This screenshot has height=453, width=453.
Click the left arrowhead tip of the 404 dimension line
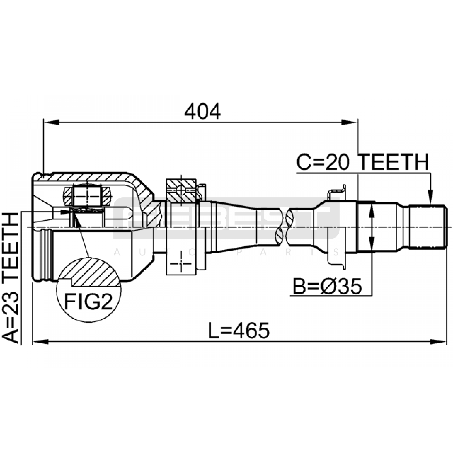pos(44,122)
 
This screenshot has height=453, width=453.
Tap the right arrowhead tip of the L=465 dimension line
pos(446,342)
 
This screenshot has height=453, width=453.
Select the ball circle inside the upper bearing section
pos(181,190)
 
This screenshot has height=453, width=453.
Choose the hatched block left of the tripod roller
pos(68,196)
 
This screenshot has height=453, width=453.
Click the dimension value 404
pos(202,111)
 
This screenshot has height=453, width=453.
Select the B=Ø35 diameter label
pos(327,286)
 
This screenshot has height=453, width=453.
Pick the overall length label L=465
pos(239,331)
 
